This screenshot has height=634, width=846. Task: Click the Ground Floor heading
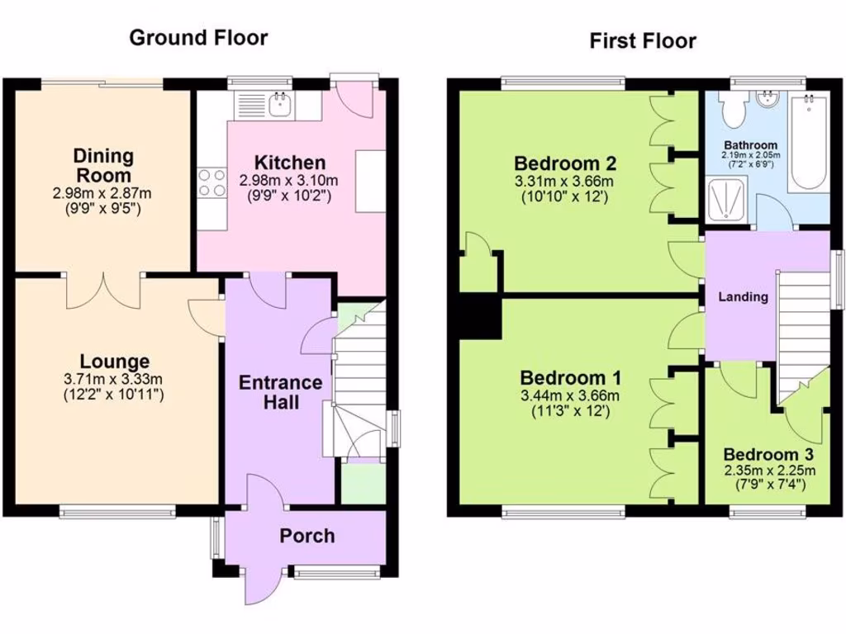pyautogui.click(x=198, y=37)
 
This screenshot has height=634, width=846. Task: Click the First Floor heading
pyautogui.click(x=643, y=40)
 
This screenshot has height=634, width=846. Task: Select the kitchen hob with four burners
pyautogui.click(x=211, y=182)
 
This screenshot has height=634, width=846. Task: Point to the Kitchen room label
pyautogui.click(x=289, y=163)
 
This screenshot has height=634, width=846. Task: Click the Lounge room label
pyautogui.click(x=115, y=362)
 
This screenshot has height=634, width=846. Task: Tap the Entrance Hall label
pyautogui.click(x=280, y=392)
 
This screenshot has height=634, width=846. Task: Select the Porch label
pyautogui.click(x=307, y=536)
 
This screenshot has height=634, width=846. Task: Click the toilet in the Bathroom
pyautogui.click(x=733, y=106)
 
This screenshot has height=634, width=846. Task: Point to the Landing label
pyautogui.click(x=742, y=297)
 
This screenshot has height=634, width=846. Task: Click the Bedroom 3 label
pyautogui.click(x=768, y=455)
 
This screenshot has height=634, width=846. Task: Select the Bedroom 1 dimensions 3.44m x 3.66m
pyautogui.click(x=570, y=395)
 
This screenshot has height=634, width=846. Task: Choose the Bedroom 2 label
pyautogui.click(x=565, y=162)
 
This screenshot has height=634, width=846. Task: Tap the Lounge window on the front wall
pyautogui.click(x=116, y=511)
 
